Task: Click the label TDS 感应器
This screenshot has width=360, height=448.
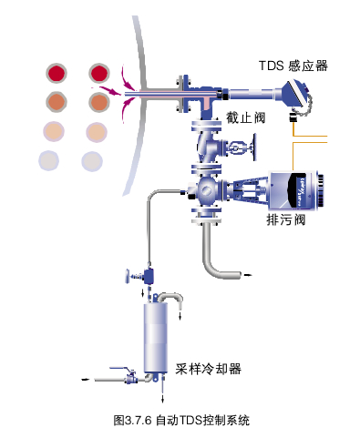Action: coord(293,66)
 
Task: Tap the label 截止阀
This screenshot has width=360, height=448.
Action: coord(245,117)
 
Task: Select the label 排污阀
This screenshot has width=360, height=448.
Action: coord(286,219)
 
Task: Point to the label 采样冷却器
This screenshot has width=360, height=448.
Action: coord(208,369)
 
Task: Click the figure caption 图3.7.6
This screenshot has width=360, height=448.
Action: coord(132,421)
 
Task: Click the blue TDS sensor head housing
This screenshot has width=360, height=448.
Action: coord(294,92)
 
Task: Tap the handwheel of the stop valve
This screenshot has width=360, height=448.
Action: coord(254,148)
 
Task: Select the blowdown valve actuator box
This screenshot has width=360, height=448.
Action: coord(293,190)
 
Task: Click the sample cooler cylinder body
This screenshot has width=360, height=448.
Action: coord(156,337)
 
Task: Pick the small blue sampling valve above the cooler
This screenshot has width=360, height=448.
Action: coord(149,275)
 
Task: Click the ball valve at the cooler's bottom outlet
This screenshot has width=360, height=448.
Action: coord(130,378)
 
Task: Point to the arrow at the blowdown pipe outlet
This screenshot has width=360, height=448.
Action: coord(248,275)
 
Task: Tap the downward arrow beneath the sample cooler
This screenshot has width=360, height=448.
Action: coord(162,397)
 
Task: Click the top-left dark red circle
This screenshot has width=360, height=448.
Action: coord(57,73)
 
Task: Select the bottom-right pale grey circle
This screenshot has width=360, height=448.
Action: coord(92,161)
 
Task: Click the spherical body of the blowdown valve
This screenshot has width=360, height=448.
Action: coord(207,190)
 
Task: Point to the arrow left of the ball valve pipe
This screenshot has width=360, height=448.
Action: coord(86,380)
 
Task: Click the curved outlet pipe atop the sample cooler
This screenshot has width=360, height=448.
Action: coord(170,296)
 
